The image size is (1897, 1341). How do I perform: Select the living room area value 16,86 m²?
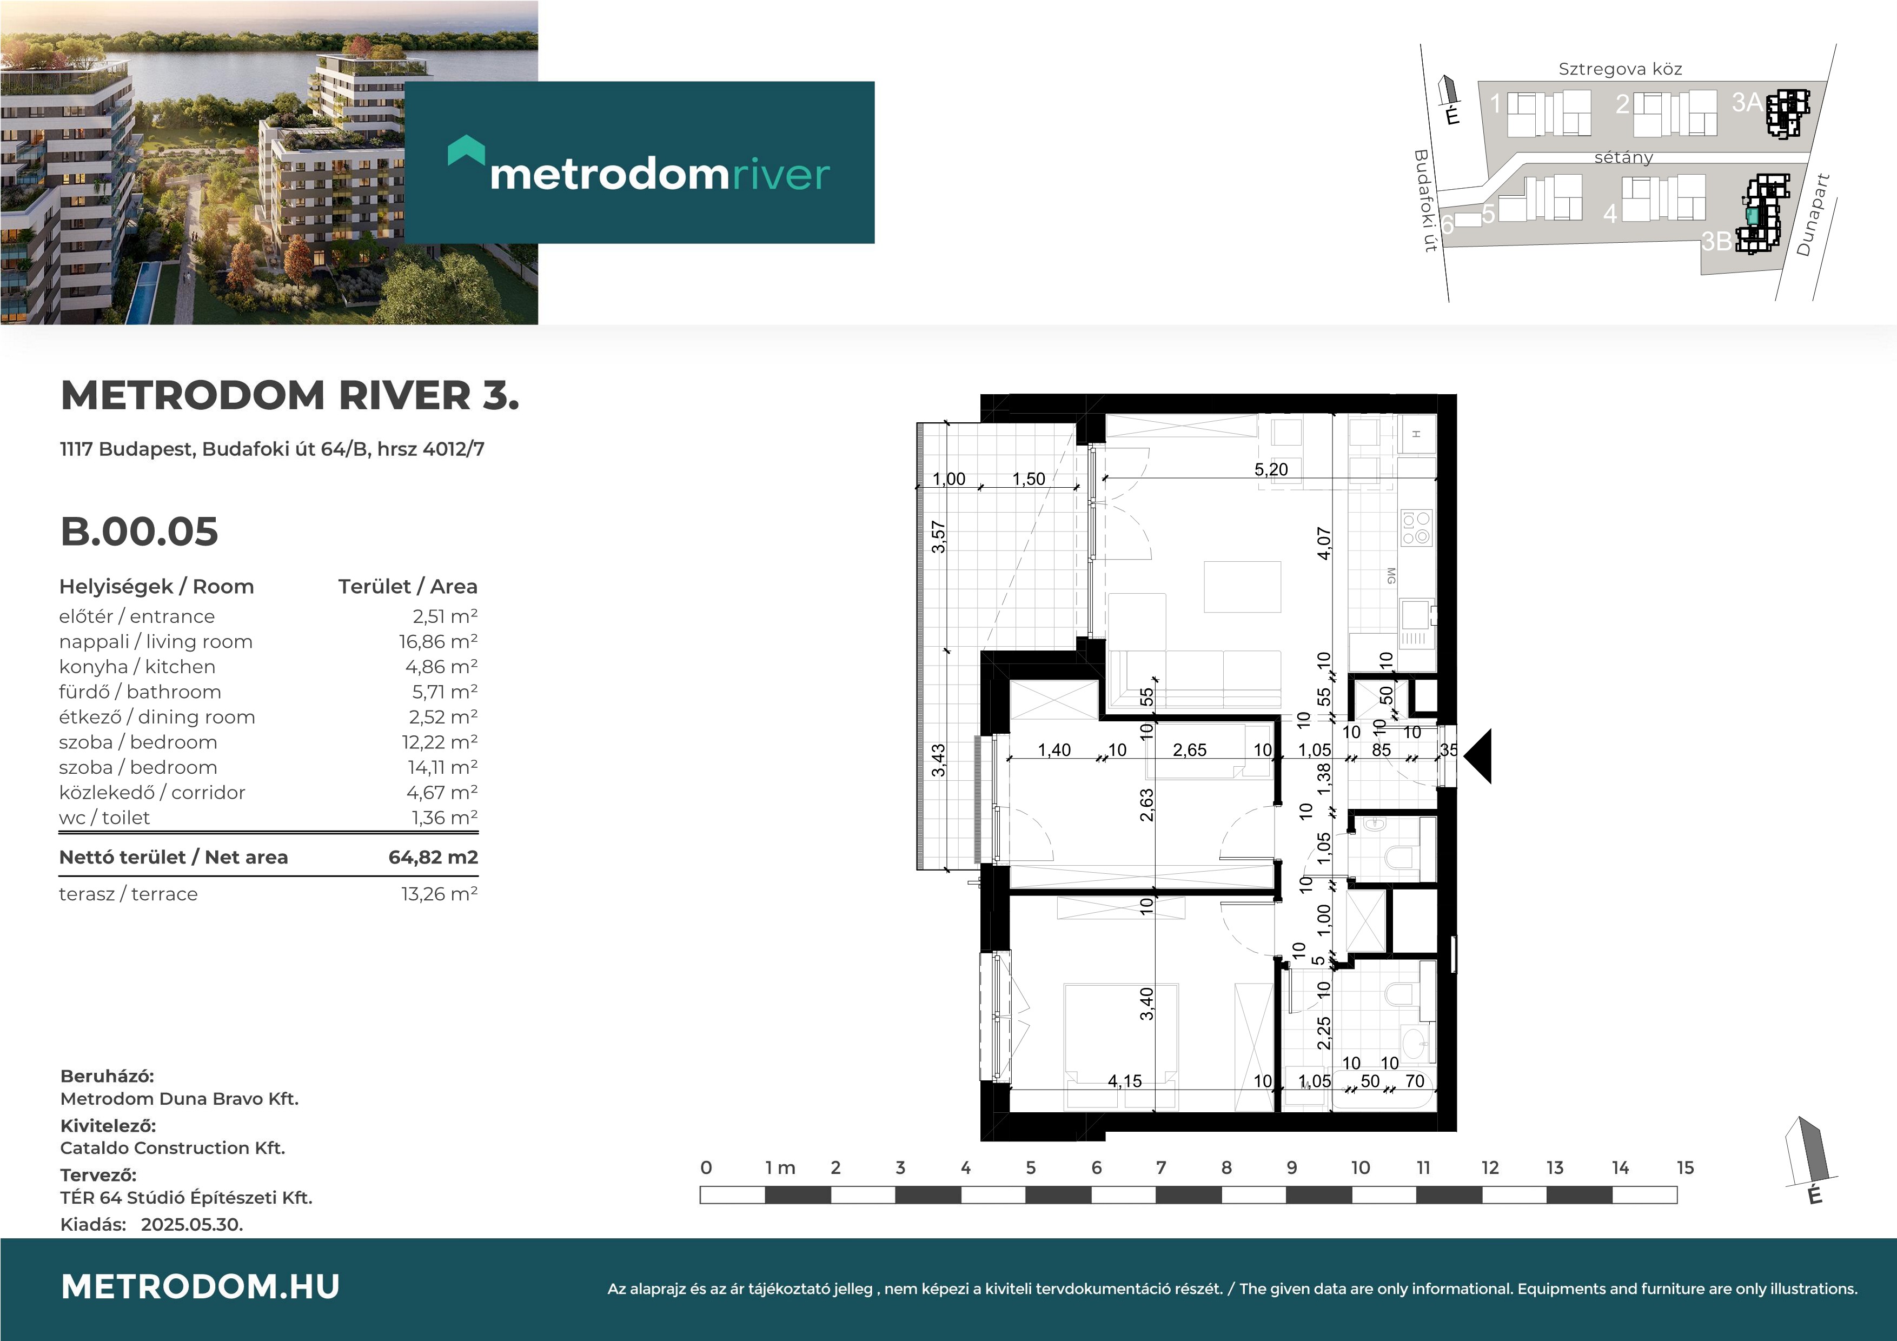(438, 641)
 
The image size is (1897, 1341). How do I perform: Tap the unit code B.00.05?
(139, 532)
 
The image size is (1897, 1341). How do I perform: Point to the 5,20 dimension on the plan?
(1271, 469)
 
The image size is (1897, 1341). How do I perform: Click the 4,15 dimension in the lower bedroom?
(1124, 1081)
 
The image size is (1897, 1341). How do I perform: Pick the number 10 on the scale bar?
(1360, 1167)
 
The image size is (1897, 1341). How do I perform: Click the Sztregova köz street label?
(1620, 69)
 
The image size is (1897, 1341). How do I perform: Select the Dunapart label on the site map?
(1814, 215)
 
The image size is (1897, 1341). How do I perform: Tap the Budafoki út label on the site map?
(1425, 200)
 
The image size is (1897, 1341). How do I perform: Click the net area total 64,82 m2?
(433, 857)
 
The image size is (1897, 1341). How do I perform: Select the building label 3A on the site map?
(1747, 102)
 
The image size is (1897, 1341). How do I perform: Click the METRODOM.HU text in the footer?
(200, 1286)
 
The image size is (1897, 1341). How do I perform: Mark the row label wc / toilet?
(104, 817)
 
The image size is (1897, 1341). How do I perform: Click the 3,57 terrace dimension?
(939, 537)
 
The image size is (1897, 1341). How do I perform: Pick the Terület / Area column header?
(407, 587)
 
